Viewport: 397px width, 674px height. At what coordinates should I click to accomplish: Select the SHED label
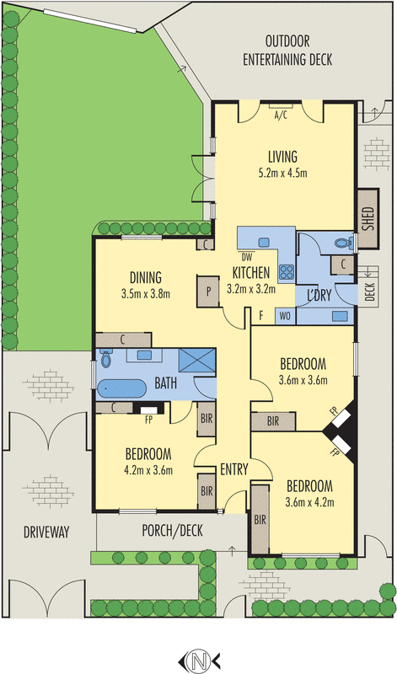pos(368,219)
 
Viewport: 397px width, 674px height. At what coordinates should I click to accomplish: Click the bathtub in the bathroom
pos(121,389)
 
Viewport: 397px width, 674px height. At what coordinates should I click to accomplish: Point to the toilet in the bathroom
pos(105,357)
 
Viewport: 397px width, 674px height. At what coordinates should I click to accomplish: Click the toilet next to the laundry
pos(344,243)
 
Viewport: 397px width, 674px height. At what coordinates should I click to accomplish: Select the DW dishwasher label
pos(247,258)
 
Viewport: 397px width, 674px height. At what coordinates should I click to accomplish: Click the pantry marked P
pos(208,292)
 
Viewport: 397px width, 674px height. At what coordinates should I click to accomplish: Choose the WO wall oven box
pos(285,317)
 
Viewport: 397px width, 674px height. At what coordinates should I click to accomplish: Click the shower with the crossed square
pos(197,360)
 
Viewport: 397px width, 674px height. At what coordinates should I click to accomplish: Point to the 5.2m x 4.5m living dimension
pos(282,174)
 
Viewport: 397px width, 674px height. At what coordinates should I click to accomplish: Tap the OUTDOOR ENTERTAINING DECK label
pos(287,51)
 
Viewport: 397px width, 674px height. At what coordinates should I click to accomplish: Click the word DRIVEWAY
pos(46,532)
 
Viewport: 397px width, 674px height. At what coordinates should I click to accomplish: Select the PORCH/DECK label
pos(172,532)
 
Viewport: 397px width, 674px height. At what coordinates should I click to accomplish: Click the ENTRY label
pos(234,469)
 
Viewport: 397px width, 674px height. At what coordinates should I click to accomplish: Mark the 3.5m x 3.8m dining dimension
pos(146,294)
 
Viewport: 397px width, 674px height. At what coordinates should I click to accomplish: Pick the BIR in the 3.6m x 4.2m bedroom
pos(260,520)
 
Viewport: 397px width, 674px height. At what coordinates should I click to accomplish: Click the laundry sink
pos(340,316)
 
